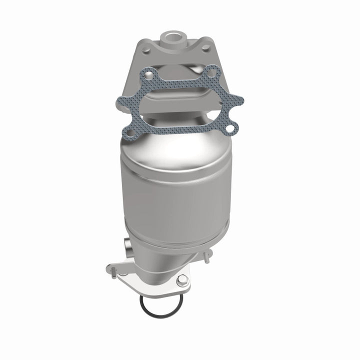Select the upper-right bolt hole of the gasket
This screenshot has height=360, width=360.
tap(212, 72)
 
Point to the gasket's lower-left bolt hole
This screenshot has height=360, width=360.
tap(130, 133)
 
